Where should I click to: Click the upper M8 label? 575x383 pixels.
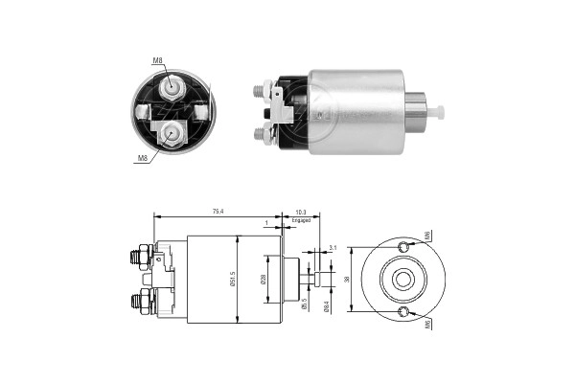(157, 61)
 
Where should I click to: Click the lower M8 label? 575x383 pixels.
(143, 159)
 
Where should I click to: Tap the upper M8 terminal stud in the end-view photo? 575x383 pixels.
(173, 88)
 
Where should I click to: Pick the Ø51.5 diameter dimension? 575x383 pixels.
(232, 279)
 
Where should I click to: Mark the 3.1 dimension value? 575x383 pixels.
(331, 248)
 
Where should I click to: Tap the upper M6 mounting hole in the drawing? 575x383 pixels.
(403, 248)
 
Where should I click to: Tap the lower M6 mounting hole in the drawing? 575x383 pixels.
(403, 312)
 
